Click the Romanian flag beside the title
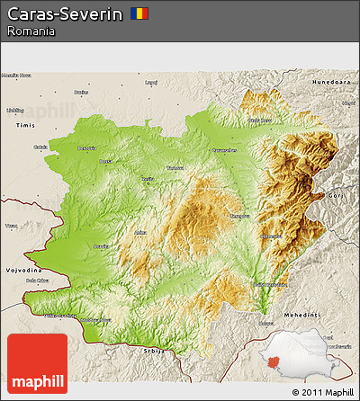139,13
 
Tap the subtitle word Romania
31,31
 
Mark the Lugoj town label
151,83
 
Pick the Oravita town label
101,245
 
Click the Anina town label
139,233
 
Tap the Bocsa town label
107,161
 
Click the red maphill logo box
37,362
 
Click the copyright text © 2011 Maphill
322,392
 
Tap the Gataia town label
40,147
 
